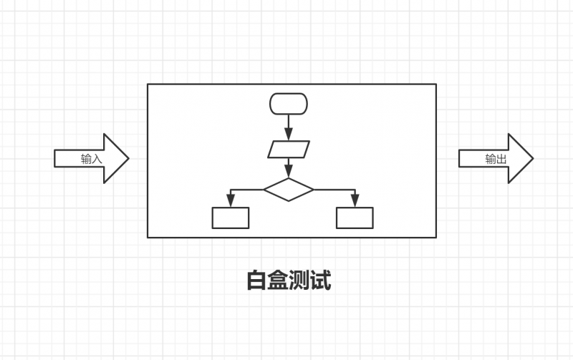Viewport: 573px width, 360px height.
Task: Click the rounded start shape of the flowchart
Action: (x=289, y=104)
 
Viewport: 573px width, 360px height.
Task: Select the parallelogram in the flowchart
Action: (x=289, y=150)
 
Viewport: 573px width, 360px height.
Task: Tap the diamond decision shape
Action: (x=289, y=190)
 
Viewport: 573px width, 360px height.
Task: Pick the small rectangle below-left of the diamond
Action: (x=231, y=218)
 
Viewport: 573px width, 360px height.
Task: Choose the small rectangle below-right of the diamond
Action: (x=355, y=218)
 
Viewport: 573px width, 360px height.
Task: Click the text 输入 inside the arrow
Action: (x=92, y=159)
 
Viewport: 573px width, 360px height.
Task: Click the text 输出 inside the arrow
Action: (x=496, y=159)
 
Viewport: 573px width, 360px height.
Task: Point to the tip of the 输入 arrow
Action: (x=127, y=158)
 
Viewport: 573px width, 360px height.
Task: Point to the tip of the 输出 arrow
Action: (x=532, y=158)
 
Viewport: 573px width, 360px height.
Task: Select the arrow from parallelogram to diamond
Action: (x=289, y=167)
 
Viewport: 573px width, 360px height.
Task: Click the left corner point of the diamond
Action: (x=264, y=190)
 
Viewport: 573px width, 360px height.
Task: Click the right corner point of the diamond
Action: (x=314, y=190)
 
